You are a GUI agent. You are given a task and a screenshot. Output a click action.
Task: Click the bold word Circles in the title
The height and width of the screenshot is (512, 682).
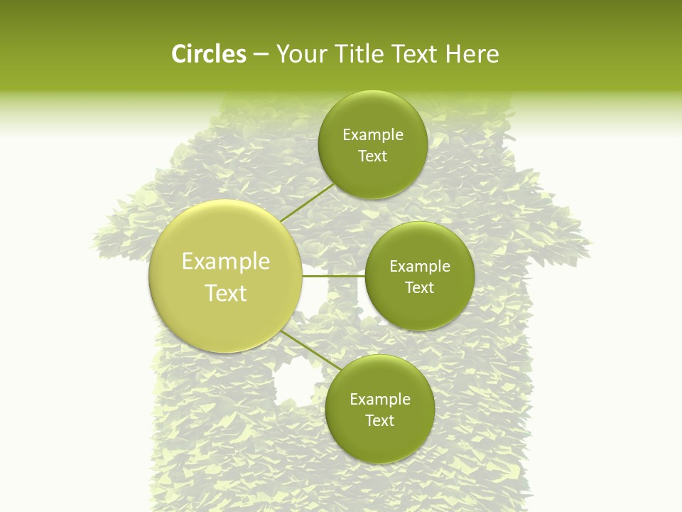(x=208, y=54)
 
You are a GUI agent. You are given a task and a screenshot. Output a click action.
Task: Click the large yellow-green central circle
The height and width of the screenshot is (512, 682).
(x=226, y=313)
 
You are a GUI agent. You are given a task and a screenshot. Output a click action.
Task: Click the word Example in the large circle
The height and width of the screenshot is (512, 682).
(x=226, y=262)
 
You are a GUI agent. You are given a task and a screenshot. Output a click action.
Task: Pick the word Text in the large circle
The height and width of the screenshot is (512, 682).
(x=226, y=293)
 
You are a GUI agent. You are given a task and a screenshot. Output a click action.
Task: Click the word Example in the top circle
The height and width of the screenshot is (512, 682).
(x=372, y=135)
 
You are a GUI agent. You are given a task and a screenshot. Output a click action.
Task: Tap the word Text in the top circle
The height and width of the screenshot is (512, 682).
(x=372, y=156)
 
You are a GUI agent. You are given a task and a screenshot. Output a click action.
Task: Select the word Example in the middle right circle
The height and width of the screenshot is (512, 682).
(x=419, y=267)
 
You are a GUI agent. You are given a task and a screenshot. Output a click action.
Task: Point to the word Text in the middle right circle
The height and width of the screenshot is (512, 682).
(x=419, y=288)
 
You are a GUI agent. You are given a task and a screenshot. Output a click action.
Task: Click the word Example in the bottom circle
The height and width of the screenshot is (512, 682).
(x=379, y=400)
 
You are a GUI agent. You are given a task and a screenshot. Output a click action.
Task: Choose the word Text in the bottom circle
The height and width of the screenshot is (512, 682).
(x=379, y=421)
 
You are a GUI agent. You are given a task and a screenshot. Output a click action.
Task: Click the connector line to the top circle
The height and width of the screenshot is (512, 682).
(x=307, y=203)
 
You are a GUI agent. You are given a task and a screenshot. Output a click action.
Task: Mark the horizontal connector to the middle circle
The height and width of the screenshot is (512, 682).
(x=334, y=276)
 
